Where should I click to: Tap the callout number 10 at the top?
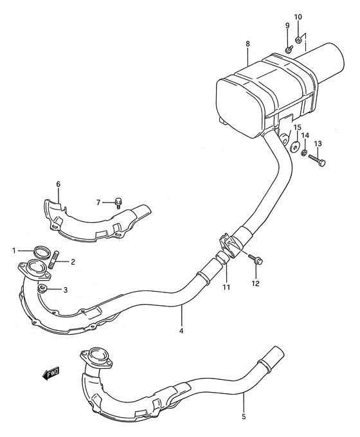coord(298,16)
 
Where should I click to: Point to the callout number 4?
coord(182,330)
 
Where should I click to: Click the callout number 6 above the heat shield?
coord(58,184)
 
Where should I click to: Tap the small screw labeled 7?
coord(119,203)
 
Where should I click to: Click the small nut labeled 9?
coord(289,49)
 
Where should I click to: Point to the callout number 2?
coord(73,262)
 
